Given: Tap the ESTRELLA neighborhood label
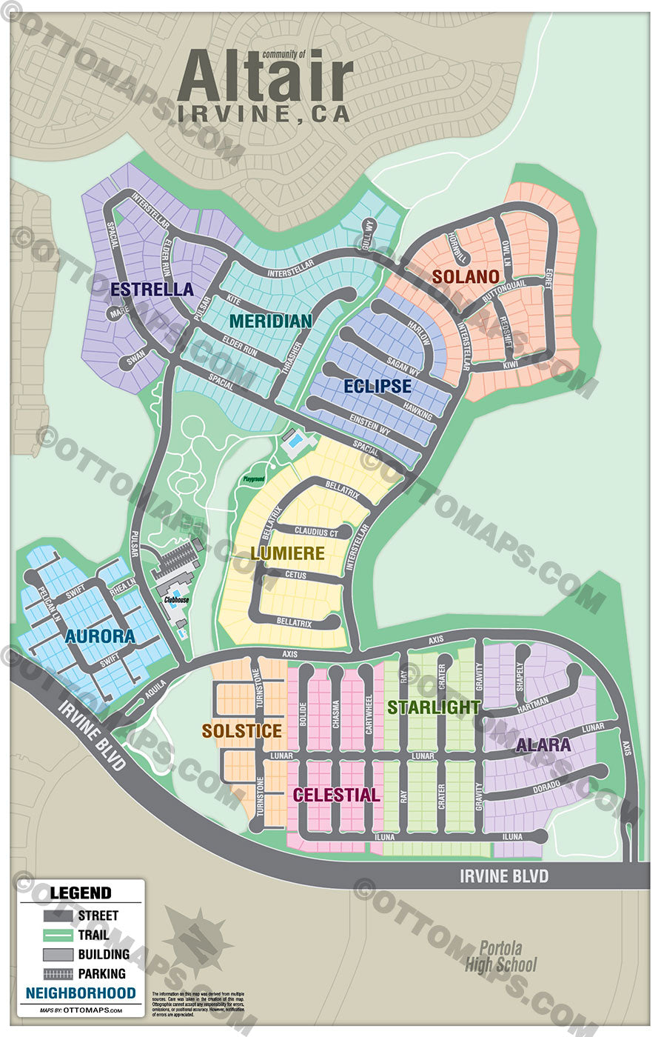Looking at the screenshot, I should pos(152,289).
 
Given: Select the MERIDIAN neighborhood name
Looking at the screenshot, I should pos(270,321).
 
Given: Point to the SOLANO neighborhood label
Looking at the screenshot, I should pos(466,277).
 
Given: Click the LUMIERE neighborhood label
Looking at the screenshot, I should pos(287,553).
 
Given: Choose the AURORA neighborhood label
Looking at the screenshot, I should pos(100,636).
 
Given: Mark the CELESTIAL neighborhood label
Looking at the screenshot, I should pos(337,795).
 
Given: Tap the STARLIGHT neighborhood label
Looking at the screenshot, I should pos(434,707).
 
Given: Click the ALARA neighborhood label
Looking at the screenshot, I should pos(543,744).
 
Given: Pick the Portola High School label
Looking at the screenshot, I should pos(500,956).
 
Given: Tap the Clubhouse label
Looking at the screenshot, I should pos(175,600).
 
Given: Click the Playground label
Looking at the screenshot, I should pos(254,479).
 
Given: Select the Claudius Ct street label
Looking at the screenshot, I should pos(316,532).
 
